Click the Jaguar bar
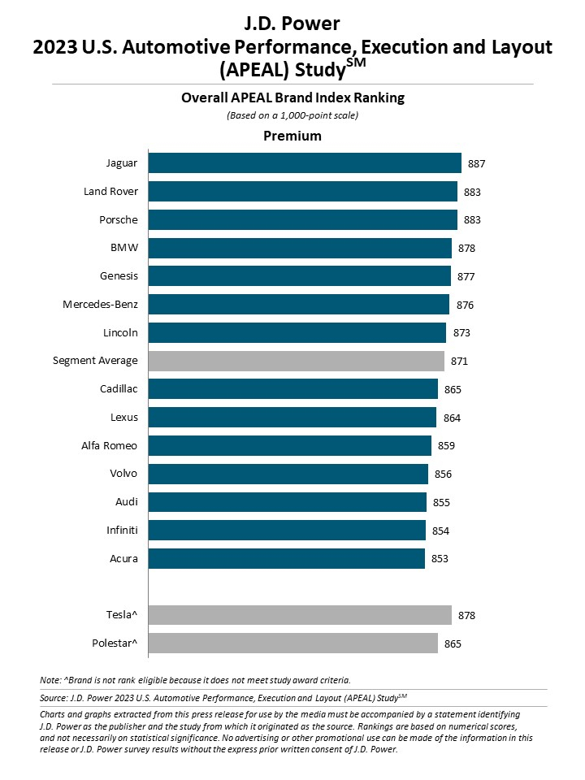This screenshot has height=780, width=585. click(x=305, y=163)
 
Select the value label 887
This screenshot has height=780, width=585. click(x=477, y=164)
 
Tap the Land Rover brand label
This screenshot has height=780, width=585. click(x=110, y=192)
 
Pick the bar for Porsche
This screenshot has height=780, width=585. click(x=302, y=220)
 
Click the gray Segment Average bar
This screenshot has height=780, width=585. click(x=296, y=361)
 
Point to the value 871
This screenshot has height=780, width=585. click(x=460, y=362)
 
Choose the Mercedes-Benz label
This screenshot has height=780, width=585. click(x=100, y=305)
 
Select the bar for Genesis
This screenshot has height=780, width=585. click(x=299, y=276)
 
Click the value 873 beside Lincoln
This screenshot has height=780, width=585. click(x=461, y=333)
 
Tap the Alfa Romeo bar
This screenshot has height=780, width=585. click(x=289, y=445)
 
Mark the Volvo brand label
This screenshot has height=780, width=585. click(x=123, y=474)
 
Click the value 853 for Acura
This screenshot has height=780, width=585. click(x=440, y=559)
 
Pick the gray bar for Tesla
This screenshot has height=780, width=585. click(x=300, y=615)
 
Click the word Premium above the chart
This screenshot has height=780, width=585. click(x=292, y=136)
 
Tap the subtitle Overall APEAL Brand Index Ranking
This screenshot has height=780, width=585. click(x=292, y=98)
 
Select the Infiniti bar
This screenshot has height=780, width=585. click(x=287, y=531)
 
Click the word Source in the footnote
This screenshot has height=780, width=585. click(x=54, y=697)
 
